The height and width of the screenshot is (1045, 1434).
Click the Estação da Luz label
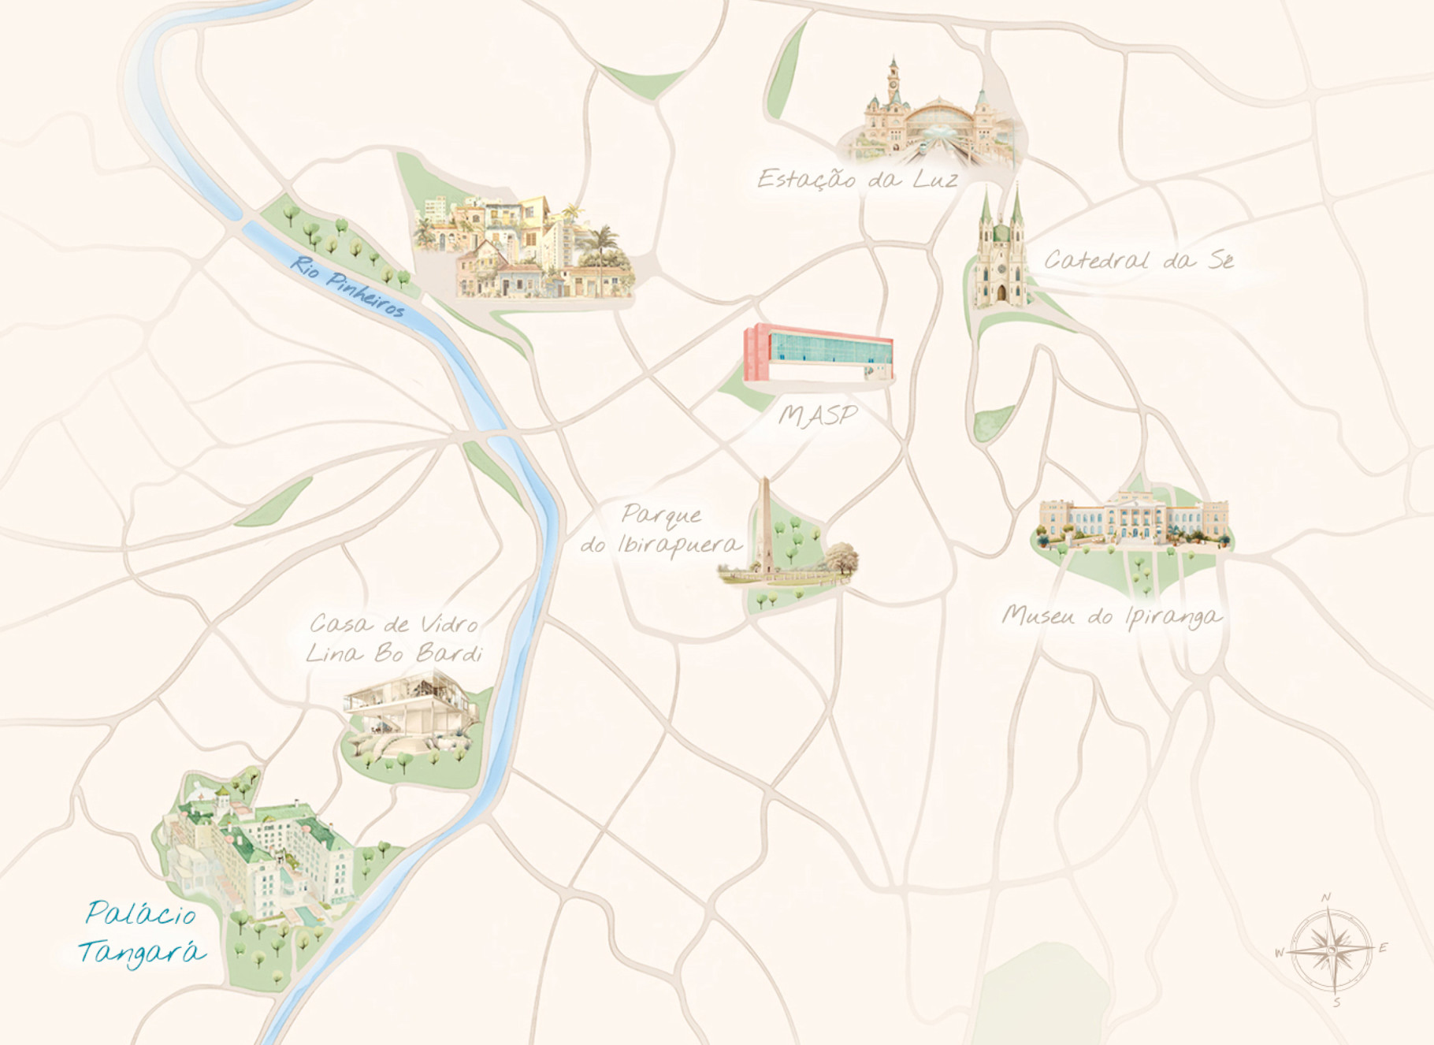pyautogui.click(x=857, y=179)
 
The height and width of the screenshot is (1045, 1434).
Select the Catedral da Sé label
pyautogui.click(x=1138, y=260)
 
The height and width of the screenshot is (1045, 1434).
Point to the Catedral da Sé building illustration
pyautogui.click(x=999, y=252)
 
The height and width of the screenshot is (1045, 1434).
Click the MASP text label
pyautogui.click(x=817, y=415)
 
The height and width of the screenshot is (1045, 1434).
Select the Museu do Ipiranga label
pyautogui.click(x=1111, y=615)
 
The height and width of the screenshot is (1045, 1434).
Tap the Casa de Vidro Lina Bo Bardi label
pyautogui.click(x=394, y=638)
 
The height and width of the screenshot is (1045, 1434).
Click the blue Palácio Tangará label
pyautogui.click(x=140, y=933)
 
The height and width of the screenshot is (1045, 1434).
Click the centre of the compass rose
pyautogui.click(x=1331, y=949)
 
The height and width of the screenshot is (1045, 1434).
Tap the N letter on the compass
pyautogui.click(x=1326, y=898)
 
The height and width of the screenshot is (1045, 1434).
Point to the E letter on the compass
pyautogui.click(x=1383, y=948)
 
